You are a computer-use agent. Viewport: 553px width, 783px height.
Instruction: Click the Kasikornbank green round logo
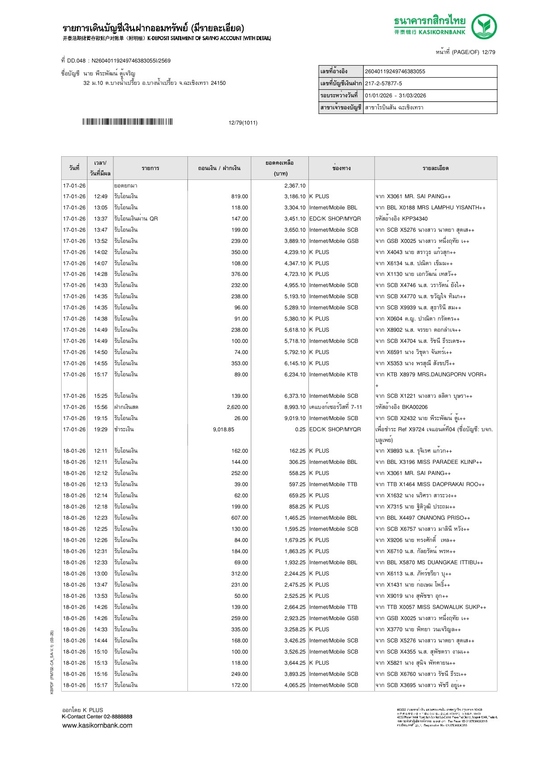tap(484, 26)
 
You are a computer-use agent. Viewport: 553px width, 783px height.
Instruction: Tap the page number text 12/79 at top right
tap(488, 52)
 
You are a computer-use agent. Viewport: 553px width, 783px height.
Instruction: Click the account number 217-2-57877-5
tap(383, 83)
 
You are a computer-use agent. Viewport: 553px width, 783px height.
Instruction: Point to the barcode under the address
tap(127, 122)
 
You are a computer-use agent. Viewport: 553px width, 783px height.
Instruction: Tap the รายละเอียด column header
tap(435, 168)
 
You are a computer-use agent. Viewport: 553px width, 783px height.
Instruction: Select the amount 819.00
tap(239, 196)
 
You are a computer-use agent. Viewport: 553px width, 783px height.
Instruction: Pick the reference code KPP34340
tap(415, 219)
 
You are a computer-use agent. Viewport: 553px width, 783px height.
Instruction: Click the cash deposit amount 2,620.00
tap(237, 407)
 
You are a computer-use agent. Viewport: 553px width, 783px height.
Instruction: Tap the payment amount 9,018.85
tap(223, 429)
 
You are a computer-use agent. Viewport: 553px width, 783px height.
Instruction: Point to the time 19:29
tap(100, 429)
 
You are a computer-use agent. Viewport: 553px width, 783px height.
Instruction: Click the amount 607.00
tap(239, 518)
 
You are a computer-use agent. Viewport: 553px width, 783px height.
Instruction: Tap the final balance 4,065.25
tap(295, 685)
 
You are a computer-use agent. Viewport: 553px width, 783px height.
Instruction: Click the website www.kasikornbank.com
tap(97, 725)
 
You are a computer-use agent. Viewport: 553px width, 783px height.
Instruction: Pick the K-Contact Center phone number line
tap(97, 716)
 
